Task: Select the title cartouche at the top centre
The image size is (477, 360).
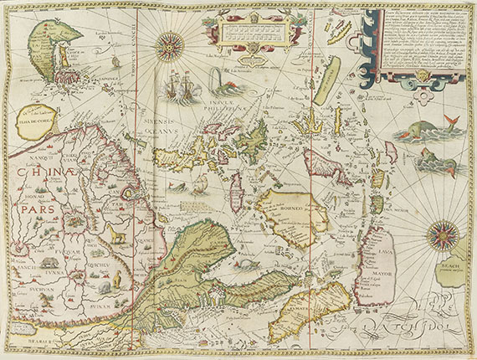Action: click(249, 30)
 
